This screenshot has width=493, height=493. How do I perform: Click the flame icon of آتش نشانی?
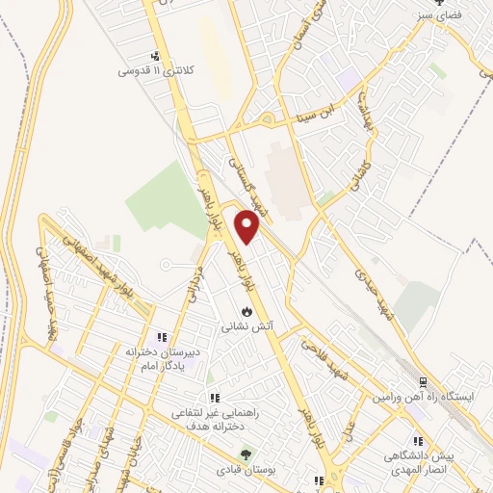(247, 312)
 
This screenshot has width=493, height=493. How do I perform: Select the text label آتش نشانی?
(247, 326)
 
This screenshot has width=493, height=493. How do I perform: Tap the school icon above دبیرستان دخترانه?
(162, 337)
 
